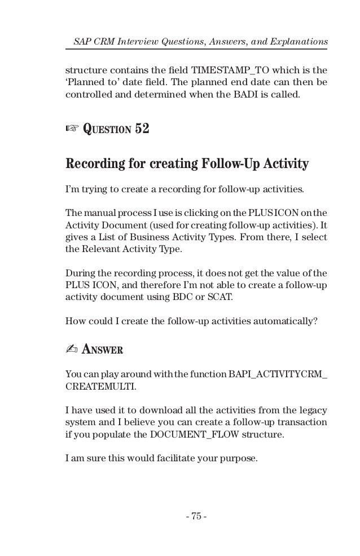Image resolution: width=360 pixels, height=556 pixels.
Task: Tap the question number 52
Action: tap(142, 129)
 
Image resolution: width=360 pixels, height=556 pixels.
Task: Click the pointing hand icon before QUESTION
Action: tap(72, 130)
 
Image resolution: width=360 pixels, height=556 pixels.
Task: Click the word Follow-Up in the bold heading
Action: tap(238, 164)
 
